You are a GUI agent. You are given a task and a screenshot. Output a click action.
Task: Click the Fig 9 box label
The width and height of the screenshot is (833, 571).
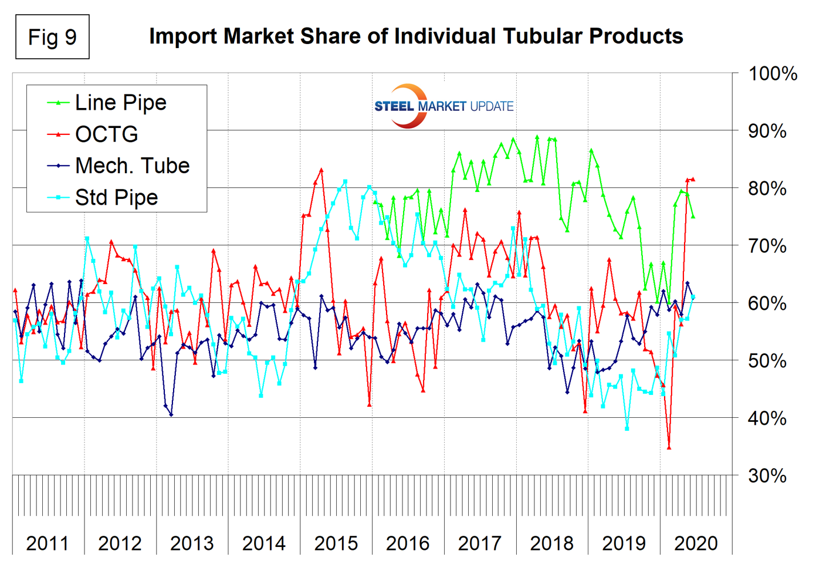click(x=52, y=37)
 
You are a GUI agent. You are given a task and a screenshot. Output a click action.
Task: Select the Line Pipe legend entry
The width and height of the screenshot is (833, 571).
click(x=120, y=103)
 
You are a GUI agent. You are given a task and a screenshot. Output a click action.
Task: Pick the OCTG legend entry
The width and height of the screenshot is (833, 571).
click(x=106, y=134)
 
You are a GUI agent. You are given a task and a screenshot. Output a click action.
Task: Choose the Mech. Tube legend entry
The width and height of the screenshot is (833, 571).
click(x=132, y=166)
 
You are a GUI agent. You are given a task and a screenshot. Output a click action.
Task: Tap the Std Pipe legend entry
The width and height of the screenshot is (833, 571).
click(x=116, y=198)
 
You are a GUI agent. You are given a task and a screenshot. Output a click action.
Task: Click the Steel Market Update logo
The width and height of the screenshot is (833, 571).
click(x=443, y=106)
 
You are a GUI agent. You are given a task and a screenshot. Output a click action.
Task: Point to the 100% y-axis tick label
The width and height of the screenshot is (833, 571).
click(x=773, y=74)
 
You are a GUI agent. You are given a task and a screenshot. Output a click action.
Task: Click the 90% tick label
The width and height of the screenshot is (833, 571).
click(x=767, y=131)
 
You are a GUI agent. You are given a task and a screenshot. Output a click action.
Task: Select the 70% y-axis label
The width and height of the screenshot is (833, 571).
click(x=767, y=246)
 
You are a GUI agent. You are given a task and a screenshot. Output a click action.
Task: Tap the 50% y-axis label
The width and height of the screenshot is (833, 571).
click(x=767, y=361)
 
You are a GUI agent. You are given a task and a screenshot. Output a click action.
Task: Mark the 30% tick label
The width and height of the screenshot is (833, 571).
click(x=767, y=475)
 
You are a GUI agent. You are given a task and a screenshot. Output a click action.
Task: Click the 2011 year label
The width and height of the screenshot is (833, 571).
click(x=48, y=543)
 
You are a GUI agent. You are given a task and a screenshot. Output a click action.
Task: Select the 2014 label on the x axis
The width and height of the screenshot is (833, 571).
click(x=264, y=543)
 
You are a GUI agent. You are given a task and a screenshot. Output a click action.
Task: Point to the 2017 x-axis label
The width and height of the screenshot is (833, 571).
click(x=480, y=543)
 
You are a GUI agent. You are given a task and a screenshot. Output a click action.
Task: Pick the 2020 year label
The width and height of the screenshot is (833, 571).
click(x=696, y=543)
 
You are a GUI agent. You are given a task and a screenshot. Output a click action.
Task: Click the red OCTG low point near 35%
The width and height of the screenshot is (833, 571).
click(x=669, y=448)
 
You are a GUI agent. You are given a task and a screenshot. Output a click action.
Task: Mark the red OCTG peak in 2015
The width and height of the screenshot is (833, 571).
click(x=321, y=170)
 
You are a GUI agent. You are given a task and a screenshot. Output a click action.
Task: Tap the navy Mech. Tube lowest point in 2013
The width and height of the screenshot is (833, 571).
click(x=171, y=415)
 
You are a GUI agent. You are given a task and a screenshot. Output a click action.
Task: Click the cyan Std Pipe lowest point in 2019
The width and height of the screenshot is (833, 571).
click(x=627, y=429)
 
